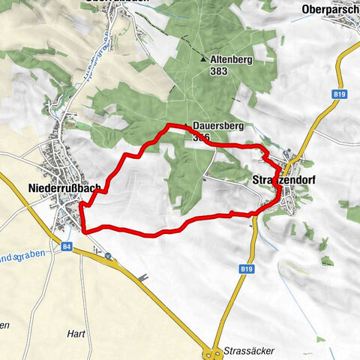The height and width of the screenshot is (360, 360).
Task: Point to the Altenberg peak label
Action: click(230, 58)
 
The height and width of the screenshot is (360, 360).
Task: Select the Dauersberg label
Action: click(214, 127)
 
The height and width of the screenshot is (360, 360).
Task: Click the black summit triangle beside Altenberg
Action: click(203, 58)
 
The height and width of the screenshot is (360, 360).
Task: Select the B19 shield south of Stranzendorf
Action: click(247, 268)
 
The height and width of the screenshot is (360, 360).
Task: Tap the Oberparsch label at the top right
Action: click(329, 9)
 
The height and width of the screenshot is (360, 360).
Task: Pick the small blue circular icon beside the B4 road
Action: click(109, 256)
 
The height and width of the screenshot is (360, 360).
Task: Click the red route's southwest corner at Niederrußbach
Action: click(82, 231)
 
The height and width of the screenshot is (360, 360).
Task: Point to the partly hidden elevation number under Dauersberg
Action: click(199, 138)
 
